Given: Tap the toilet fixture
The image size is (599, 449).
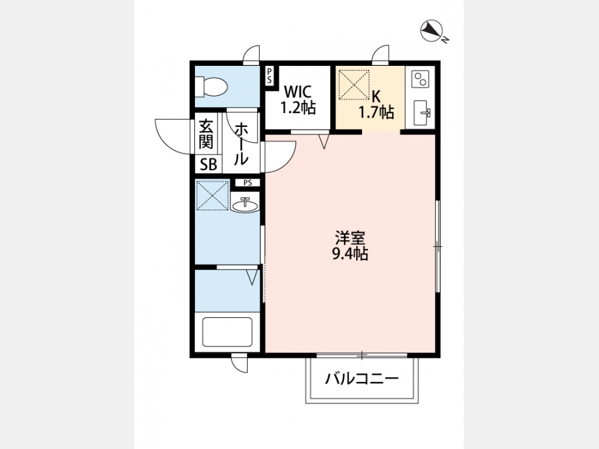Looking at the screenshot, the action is (211, 86).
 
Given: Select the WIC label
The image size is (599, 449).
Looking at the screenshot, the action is (298, 92).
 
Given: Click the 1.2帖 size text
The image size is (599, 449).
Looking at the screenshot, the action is (298, 108).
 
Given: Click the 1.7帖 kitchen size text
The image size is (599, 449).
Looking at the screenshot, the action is (376, 112).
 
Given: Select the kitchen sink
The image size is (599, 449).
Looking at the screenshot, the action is (422, 113).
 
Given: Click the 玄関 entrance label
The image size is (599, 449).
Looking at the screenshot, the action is (206, 134).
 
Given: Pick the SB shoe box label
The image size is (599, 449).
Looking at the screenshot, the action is (208, 164).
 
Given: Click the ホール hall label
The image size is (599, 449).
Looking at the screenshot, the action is (241, 144).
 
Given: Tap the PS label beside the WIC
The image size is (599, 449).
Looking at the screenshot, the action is (270, 75).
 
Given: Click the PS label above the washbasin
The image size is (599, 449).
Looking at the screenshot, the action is (248, 183).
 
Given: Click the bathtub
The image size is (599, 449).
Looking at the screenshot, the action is (228, 332).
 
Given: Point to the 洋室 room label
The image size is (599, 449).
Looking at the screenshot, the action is (350, 238).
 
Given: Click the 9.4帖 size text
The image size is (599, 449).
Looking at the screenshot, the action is (350, 253).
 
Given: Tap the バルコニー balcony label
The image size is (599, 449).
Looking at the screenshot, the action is (362, 378).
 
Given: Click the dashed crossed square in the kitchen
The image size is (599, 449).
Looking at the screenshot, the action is (354, 84).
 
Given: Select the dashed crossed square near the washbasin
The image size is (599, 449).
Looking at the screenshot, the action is (212, 195).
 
